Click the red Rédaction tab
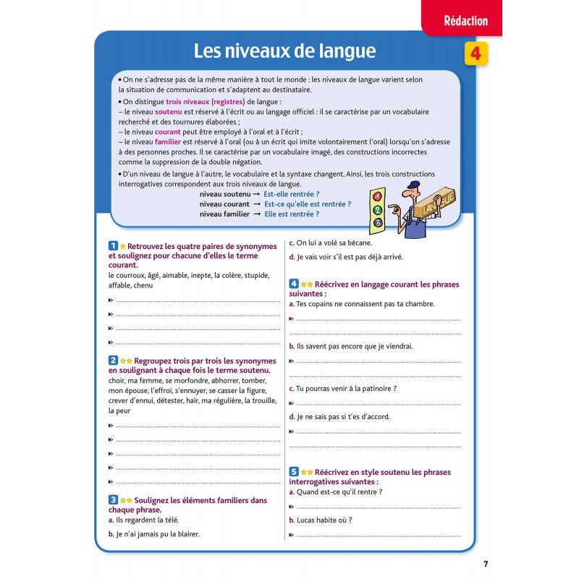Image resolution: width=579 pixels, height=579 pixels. point(465,21)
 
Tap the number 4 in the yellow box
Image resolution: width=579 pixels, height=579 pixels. point(475,54)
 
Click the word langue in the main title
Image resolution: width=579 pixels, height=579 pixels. point(345,51)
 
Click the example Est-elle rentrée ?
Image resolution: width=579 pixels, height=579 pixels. point(292,195)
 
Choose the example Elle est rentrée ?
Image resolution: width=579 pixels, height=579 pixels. point(292,214)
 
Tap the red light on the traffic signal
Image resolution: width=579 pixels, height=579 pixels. point(376,196)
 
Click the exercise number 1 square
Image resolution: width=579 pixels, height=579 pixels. point(112,246)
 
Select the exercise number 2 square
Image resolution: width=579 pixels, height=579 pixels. point(112,360)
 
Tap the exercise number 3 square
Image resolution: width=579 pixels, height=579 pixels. point(112,499)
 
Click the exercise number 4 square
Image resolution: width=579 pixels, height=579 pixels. point(294,284)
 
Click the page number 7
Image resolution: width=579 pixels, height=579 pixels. point(486,564)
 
